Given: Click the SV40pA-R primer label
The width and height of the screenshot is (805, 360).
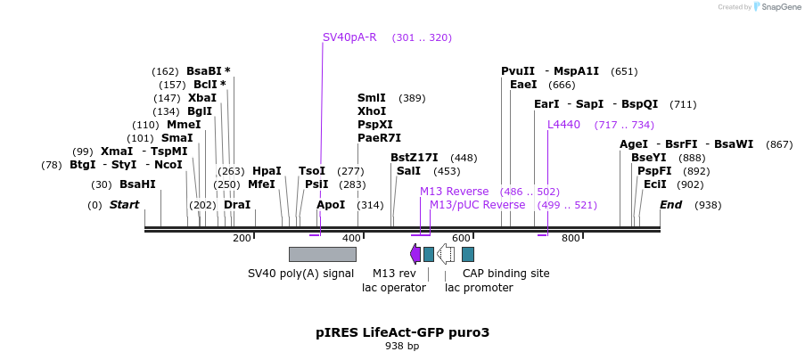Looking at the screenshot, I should click(x=349, y=37).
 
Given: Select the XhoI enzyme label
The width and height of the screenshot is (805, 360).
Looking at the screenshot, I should click(x=371, y=111).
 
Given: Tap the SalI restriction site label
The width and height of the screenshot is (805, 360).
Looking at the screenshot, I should click(x=408, y=171).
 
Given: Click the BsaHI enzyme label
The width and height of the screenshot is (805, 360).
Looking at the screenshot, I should click(x=137, y=184).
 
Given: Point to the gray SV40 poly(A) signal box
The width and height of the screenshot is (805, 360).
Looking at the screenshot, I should click(x=322, y=254).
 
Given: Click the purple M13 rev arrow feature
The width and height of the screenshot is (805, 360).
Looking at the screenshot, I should click(x=415, y=254).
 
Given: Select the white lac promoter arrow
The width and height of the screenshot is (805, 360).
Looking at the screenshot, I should click(x=446, y=254).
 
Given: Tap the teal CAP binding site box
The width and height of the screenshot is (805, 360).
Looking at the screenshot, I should click(x=468, y=254).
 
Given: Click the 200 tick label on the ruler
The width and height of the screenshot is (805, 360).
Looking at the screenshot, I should click(x=242, y=238).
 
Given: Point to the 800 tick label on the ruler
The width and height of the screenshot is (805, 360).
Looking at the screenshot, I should click(x=571, y=238).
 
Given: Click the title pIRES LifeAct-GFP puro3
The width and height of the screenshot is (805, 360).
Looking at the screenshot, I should click(x=402, y=332).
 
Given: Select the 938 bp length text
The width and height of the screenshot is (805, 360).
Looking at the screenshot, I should click(x=402, y=346).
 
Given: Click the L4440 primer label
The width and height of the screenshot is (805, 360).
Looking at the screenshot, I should click(x=563, y=125).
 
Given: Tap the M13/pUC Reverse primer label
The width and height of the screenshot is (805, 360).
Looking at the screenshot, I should click(x=478, y=205).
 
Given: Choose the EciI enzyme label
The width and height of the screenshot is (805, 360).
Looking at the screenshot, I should click(x=655, y=184).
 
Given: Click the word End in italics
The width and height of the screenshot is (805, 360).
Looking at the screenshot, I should click(x=670, y=205).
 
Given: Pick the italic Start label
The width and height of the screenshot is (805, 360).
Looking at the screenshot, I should click(x=125, y=205).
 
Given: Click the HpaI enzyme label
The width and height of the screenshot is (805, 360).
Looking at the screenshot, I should click(x=267, y=171).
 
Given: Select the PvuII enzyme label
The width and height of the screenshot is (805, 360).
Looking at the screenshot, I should click(x=518, y=71).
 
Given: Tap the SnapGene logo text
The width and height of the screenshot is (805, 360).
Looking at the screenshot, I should click(x=778, y=7).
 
